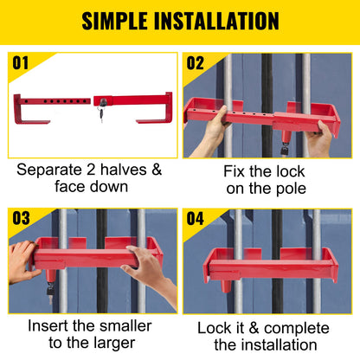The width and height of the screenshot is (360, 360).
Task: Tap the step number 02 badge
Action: [196, 63]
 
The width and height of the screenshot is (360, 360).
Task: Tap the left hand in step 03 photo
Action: [22, 260]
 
